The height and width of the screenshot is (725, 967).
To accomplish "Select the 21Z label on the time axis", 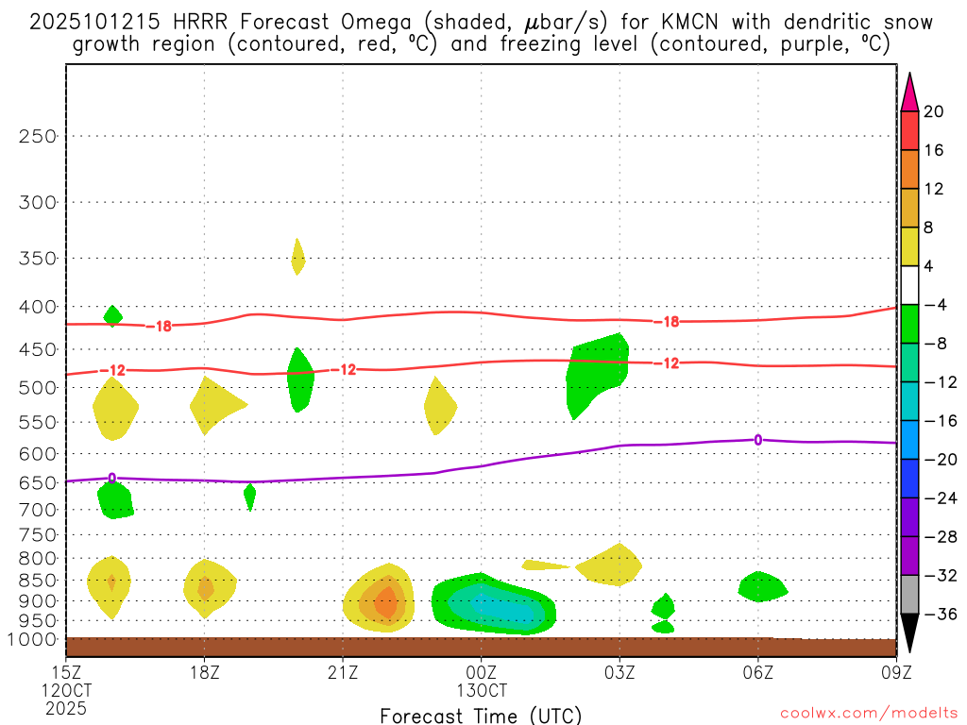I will pyautogui.click(x=343, y=674).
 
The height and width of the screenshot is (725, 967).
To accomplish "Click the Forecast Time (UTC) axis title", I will pyautogui.click(x=481, y=715).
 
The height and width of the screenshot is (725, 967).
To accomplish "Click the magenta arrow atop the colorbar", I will pyautogui.click(x=909, y=92).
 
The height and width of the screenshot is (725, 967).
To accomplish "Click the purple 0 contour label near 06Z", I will pyautogui.click(x=757, y=439).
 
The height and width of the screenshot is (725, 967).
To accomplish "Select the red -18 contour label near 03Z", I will pyautogui.click(x=667, y=322).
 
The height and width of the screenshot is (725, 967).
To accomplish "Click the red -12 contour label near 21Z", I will pyautogui.click(x=347, y=369).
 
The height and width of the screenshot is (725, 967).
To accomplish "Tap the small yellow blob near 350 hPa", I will pyautogui.click(x=297, y=256).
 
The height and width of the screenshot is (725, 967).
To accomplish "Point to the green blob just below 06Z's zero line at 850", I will pyautogui.click(x=761, y=586).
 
